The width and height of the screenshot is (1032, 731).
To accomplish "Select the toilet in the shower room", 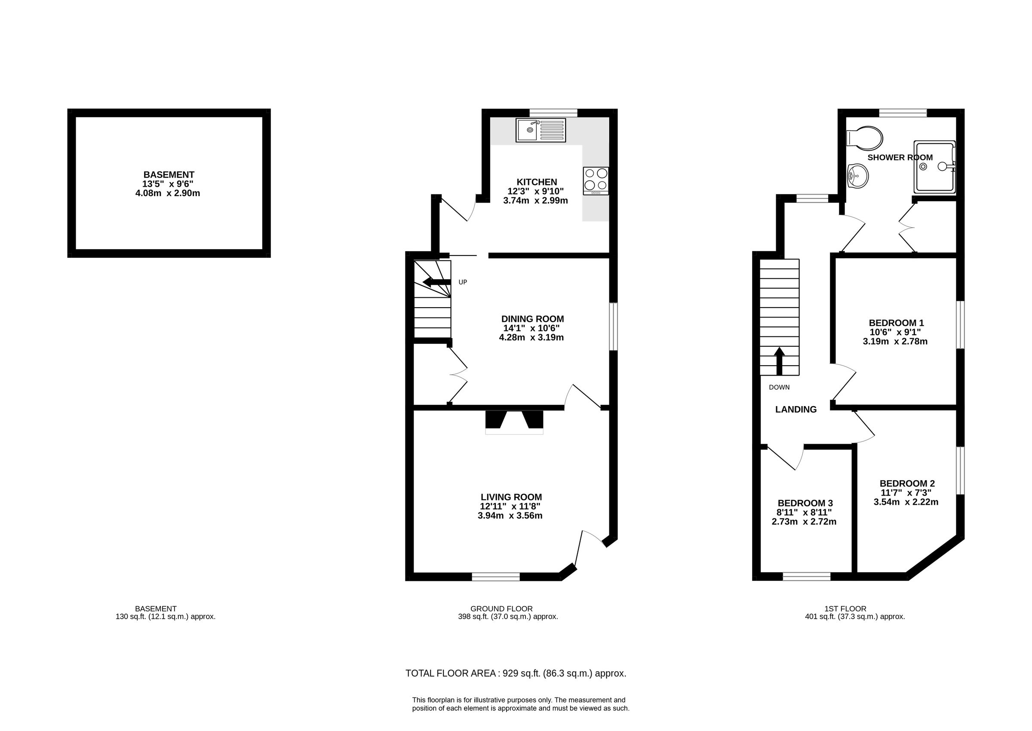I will pos(864,138).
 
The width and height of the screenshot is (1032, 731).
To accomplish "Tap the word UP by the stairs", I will pos(463,282).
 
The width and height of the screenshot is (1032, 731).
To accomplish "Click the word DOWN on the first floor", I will pos(779,387).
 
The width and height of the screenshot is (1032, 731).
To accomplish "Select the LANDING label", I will pos(796,409).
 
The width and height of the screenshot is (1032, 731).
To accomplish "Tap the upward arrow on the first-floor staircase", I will pos(779,361).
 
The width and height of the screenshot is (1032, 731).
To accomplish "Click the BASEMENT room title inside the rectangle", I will pos(169,175).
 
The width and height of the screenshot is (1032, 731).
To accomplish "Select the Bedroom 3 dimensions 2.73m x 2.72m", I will pos(804,522).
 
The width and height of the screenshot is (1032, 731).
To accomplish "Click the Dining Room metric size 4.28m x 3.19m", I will pos(531,337).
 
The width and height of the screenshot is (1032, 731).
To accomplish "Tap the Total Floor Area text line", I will pos(516,686).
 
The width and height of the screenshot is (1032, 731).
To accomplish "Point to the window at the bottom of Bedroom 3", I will pos(807,576).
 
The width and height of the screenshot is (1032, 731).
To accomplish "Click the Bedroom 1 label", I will pos(896,323).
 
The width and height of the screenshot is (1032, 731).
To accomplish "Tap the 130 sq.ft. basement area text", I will pos(166,617).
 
